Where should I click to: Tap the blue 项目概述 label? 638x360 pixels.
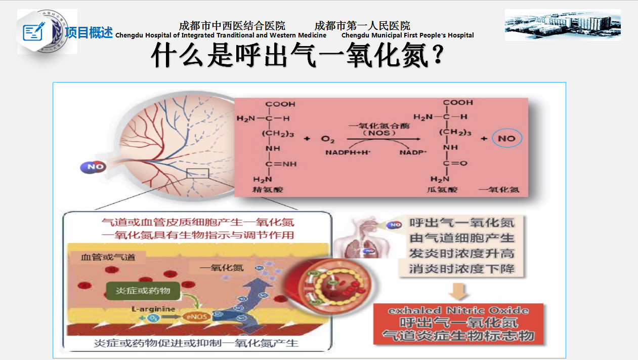(x=89, y=33)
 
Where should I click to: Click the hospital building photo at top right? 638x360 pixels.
(x=563, y=25)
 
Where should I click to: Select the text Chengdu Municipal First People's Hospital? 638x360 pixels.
(x=407, y=35)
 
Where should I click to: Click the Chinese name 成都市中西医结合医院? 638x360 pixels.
(x=232, y=25)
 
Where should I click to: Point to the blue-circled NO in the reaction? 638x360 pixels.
(x=506, y=139)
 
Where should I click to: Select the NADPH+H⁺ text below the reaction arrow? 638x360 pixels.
(x=348, y=152)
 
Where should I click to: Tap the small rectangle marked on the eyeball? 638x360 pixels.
(x=197, y=173)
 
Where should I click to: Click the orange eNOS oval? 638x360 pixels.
(x=196, y=317)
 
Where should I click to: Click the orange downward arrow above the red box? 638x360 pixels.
(x=459, y=291)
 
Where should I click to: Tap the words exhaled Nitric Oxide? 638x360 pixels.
(x=458, y=310)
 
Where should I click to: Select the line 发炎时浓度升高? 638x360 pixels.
(x=461, y=253)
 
